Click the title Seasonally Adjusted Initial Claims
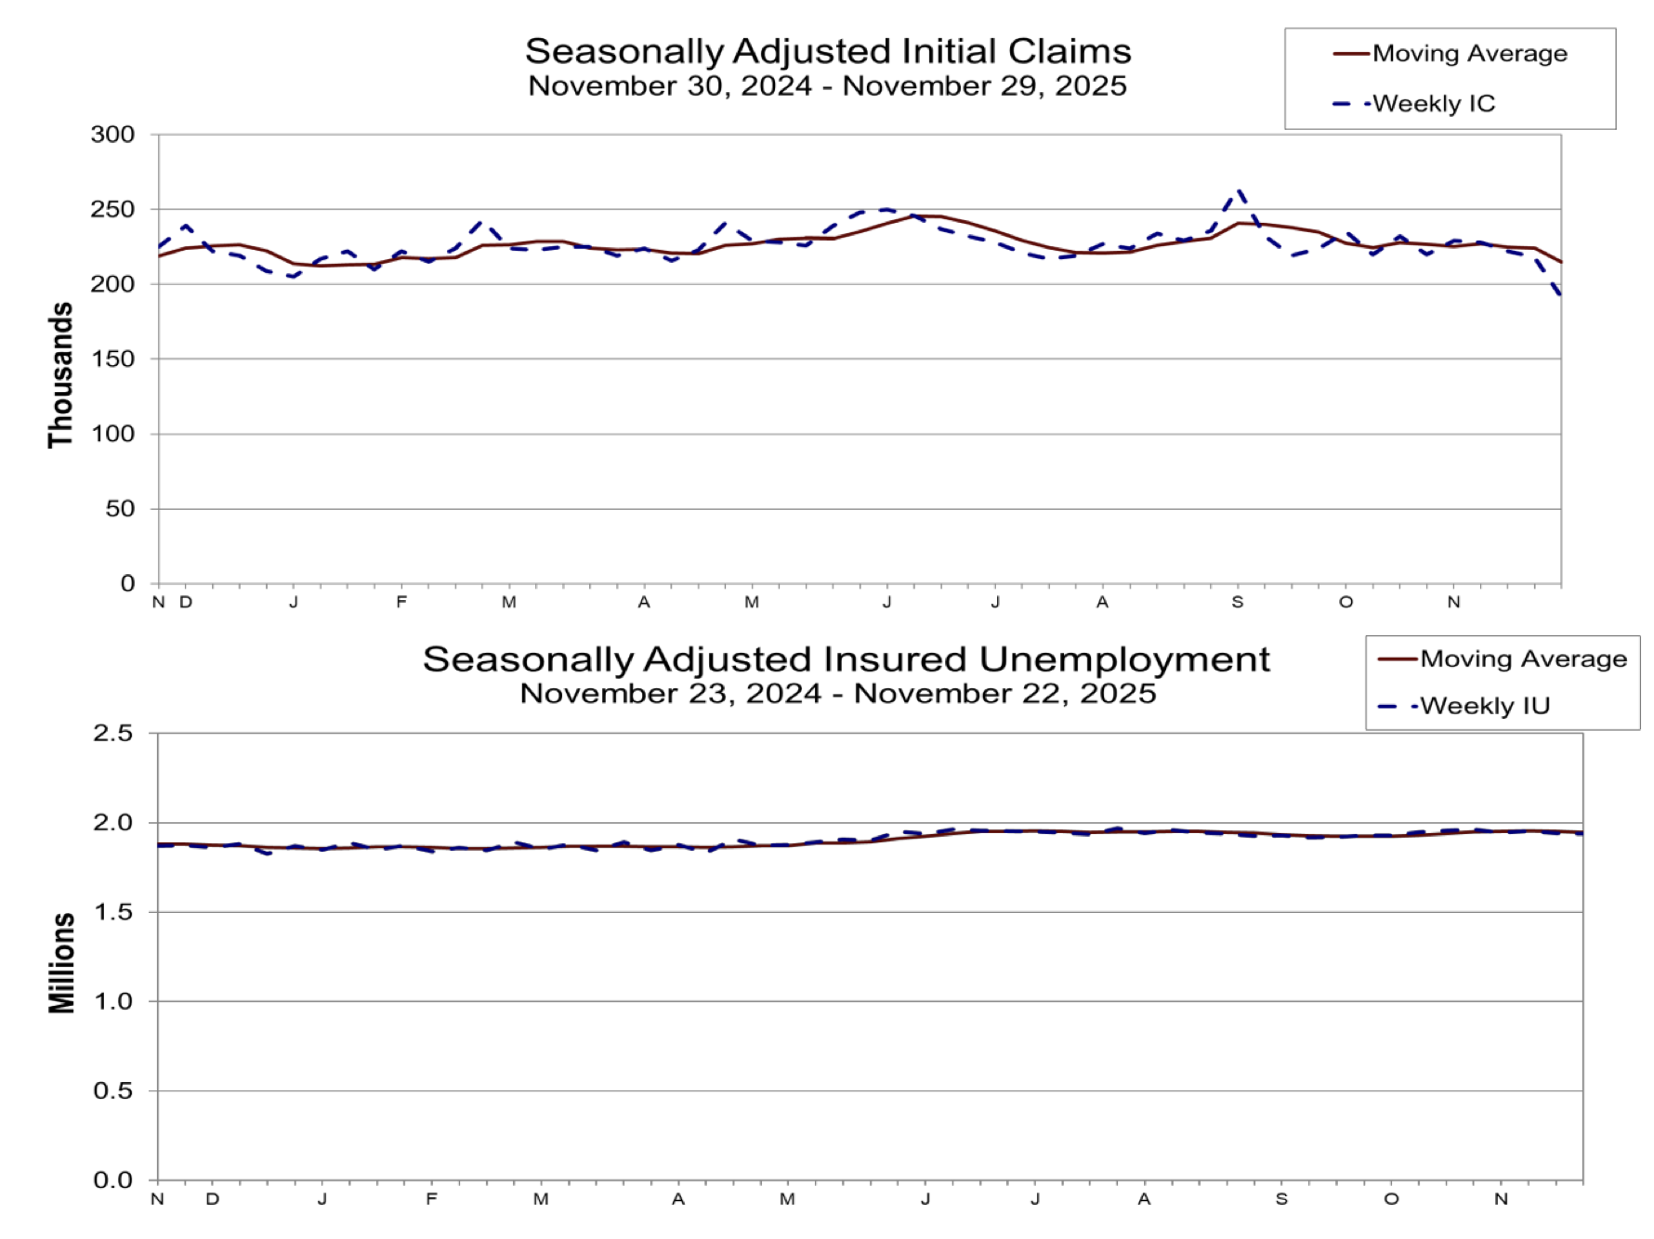click(x=828, y=51)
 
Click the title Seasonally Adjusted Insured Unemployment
click(x=846, y=659)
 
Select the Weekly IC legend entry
click(x=1434, y=104)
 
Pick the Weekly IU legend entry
click(x=1485, y=707)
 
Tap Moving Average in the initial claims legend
click(x=1469, y=54)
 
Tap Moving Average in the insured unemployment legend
click(x=1523, y=659)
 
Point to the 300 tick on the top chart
click(x=112, y=135)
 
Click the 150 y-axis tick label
click(x=112, y=359)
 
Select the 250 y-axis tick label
click(x=112, y=210)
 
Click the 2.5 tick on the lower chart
click(x=113, y=734)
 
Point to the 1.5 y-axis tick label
click(x=113, y=913)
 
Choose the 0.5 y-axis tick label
click(x=113, y=1091)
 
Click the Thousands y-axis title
click(x=60, y=375)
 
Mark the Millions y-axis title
click(x=61, y=962)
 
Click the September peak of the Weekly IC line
click(x=1238, y=191)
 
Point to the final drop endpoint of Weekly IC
click(x=1560, y=295)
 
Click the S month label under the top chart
click(x=1238, y=603)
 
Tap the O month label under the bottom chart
click(x=1391, y=1199)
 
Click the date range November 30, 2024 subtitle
click(x=827, y=86)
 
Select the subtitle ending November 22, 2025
click(x=837, y=694)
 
